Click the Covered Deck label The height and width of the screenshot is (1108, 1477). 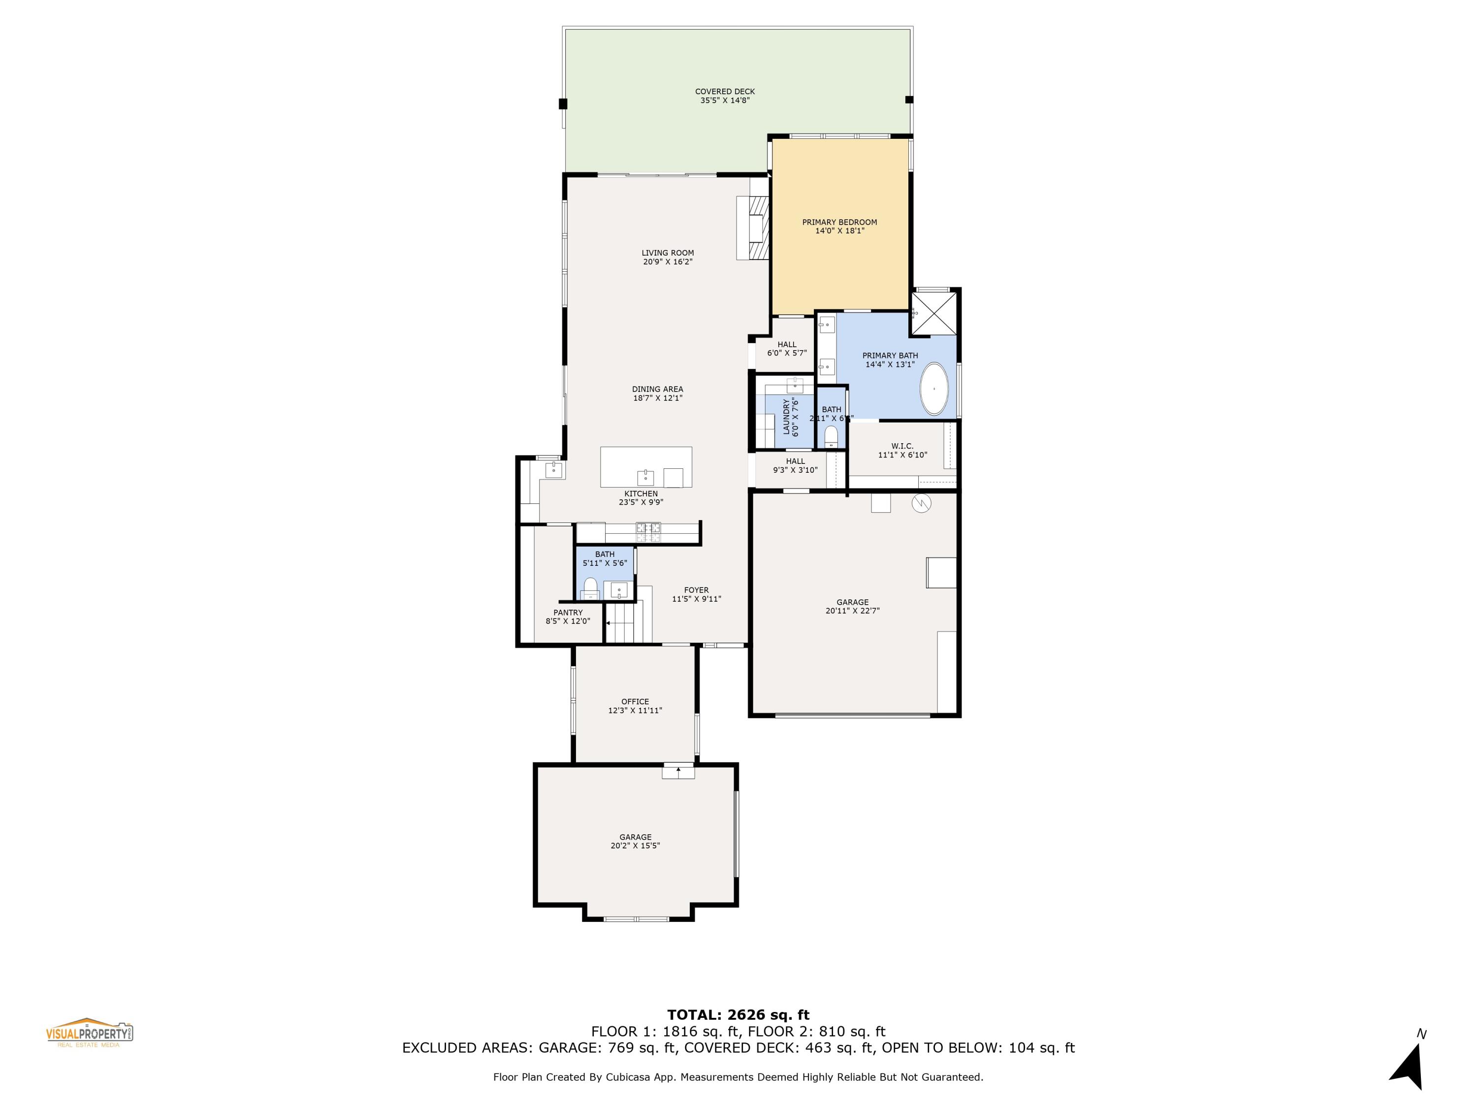click(725, 92)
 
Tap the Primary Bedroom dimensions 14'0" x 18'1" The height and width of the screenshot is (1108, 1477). click(839, 231)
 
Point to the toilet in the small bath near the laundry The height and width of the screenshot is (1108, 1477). click(831, 437)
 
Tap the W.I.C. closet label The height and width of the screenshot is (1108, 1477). click(902, 446)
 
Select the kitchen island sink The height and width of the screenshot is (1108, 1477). click(645, 478)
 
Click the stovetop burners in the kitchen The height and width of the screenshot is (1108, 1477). click(648, 532)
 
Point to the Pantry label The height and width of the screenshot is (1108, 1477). click(568, 613)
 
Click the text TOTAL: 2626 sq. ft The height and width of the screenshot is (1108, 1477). click(738, 1015)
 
